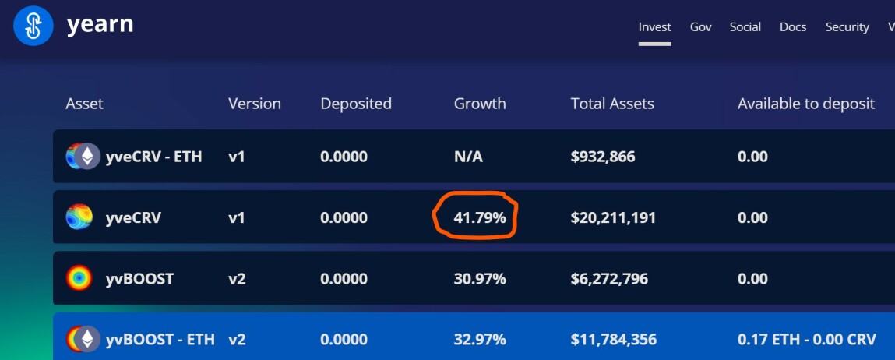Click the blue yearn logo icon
tap(33, 26)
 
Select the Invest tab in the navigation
tap(654, 27)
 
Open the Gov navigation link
tap(700, 27)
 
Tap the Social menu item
tap(745, 27)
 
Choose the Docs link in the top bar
tap(793, 27)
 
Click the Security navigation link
tap(847, 27)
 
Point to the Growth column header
tap(480, 104)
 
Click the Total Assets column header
tap(612, 104)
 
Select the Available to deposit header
tap(806, 104)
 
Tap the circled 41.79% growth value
tap(480, 218)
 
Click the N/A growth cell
tap(468, 157)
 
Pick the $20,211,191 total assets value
tap(613, 218)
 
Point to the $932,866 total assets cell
tap(603, 157)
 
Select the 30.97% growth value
tap(480, 279)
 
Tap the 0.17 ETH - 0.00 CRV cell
tap(806, 340)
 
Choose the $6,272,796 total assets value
tap(609, 279)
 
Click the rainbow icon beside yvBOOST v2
tap(79, 278)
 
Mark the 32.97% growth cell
tap(480, 340)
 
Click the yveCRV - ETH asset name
tap(153, 157)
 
